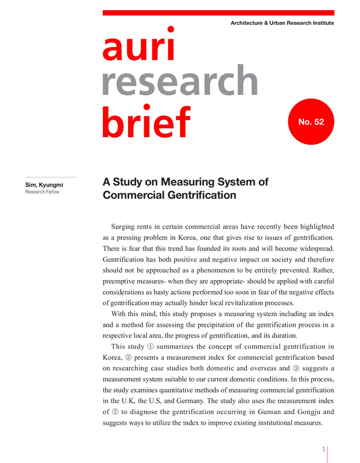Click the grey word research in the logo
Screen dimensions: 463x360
(180, 83)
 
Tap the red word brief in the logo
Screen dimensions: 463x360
(146, 120)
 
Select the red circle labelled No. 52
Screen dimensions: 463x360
(311, 122)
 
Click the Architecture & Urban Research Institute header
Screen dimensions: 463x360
(282, 23)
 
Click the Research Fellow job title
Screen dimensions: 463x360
(42, 192)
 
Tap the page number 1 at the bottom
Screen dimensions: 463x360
(323, 449)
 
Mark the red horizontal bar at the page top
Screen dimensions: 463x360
(218, 13)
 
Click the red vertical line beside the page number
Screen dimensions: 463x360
(328, 454)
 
